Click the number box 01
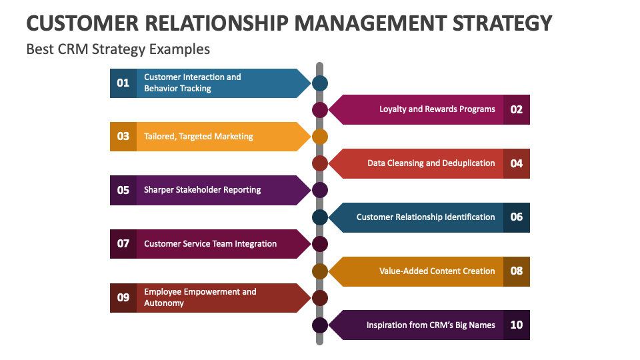pyautogui.click(x=123, y=83)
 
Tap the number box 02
pyautogui.click(x=517, y=109)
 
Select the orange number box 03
pyautogui.click(x=123, y=136)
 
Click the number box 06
pyautogui.click(x=517, y=217)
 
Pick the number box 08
pyautogui.click(x=517, y=271)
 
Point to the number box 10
pyautogui.click(x=517, y=325)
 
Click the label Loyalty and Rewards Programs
pyautogui.click(x=437, y=109)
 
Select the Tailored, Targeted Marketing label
pyautogui.click(x=199, y=136)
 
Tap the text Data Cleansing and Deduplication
pyautogui.click(x=431, y=163)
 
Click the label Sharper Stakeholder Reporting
pyautogui.click(x=203, y=190)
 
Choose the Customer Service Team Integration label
pyautogui.click(x=211, y=244)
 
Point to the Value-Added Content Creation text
pyautogui.click(x=437, y=271)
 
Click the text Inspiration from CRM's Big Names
pyautogui.click(x=431, y=325)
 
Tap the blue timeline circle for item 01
pyautogui.click(x=320, y=83)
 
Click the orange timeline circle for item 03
pyautogui.click(x=320, y=137)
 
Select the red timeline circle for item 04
pyautogui.click(x=320, y=163)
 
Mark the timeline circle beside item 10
pyautogui.click(x=320, y=325)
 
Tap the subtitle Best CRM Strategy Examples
pyautogui.click(x=118, y=49)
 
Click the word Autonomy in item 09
pyautogui.click(x=164, y=303)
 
